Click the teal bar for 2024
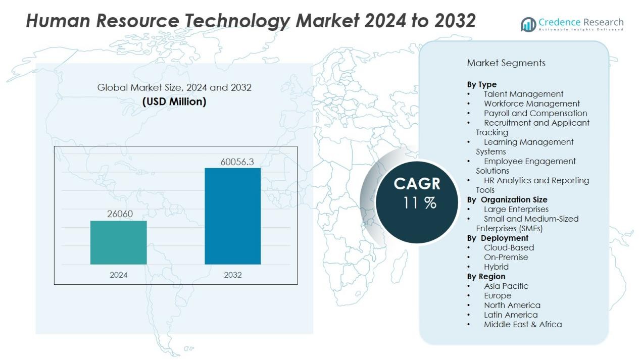tap(118, 242)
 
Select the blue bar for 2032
tap(232, 216)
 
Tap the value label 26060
tap(120, 214)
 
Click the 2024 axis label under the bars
tap(119, 275)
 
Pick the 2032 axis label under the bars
tap(233, 275)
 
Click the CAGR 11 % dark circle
tap(417, 202)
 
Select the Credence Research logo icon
tap(528, 24)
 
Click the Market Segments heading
tap(506, 63)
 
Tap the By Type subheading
tap(481, 84)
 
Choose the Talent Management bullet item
tap(523, 94)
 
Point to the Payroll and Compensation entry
tap(535, 113)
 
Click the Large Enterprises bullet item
tap(516, 209)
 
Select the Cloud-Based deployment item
tap(509, 247)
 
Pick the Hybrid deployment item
tap(496, 267)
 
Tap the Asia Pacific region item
tap(506, 286)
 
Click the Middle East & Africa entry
tap(522, 324)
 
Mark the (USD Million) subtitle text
tap(174, 101)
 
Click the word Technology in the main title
tap(237, 21)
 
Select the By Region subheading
tap(486, 276)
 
